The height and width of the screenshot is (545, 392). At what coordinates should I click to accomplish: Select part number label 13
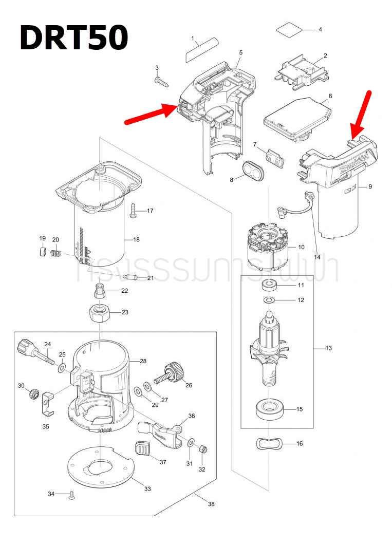tap(328, 348)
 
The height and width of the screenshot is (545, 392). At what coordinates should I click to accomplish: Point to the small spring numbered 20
tap(57, 253)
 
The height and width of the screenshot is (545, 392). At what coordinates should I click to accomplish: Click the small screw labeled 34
tap(71, 495)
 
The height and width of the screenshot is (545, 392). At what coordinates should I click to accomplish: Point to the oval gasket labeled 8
tap(251, 169)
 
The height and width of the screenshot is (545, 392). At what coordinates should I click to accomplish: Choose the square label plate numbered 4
tap(292, 29)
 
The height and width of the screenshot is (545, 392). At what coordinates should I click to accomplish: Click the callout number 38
tap(211, 504)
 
